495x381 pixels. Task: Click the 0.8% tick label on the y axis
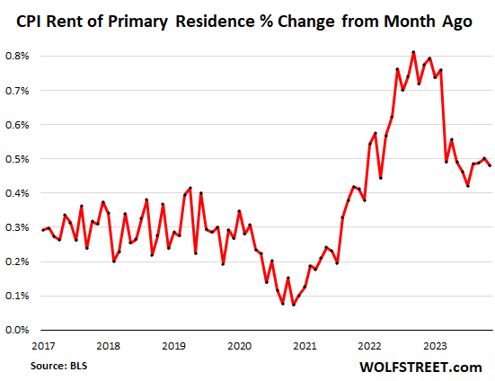19,56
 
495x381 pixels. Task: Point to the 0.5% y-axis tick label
19,159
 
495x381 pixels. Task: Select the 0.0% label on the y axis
19,330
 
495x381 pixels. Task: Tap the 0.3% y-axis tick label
19,227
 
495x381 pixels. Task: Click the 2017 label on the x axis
41,345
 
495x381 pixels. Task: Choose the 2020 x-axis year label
239,345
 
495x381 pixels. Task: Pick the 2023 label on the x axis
437,345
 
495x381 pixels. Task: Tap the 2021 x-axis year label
305,345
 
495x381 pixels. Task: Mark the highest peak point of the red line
412,52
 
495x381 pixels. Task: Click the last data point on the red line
489,164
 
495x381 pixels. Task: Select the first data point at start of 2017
42,230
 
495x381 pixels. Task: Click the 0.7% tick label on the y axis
19,91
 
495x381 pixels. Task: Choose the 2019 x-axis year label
173,345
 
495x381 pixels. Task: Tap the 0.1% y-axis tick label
19,296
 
